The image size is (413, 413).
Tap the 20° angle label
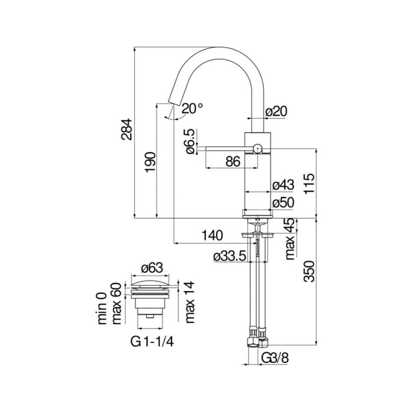[x=192, y=109]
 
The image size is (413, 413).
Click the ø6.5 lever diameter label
[x=190, y=141]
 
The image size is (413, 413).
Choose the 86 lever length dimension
[x=233, y=161]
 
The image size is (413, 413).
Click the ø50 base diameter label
[x=283, y=202]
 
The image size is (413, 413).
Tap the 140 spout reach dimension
[x=212, y=235]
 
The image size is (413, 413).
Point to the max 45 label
[x=291, y=239]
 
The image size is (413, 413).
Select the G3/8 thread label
[x=275, y=358]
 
